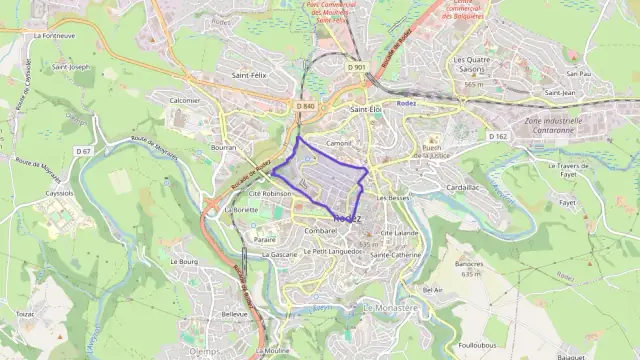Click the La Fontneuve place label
54,35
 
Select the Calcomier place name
185,100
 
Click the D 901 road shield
357,67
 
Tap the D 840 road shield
305,106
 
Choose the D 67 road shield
83,151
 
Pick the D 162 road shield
498,135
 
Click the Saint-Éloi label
367,108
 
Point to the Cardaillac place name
463,186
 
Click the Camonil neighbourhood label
339,143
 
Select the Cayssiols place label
60,192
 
